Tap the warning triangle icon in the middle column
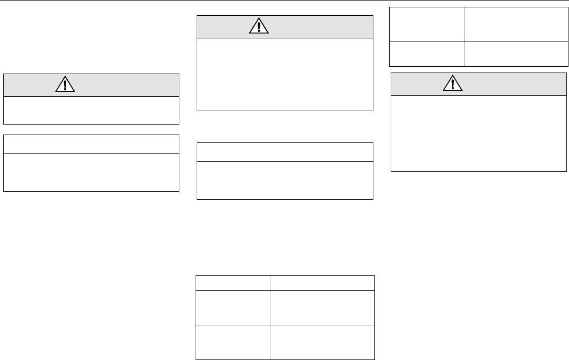click(258, 27)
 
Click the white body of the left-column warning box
click(92, 110)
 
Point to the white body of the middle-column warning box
click(284, 74)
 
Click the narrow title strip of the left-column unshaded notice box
click(92, 144)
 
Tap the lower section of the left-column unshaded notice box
click(92, 172)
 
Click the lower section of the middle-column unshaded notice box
click(284, 179)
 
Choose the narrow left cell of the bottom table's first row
click(232, 282)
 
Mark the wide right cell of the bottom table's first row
click(322, 282)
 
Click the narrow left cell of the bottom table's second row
click(232, 307)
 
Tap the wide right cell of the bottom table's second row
click(322, 307)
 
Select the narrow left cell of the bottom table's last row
click(232, 342)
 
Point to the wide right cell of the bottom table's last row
click(322, 342)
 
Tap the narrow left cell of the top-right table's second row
click(426, 54)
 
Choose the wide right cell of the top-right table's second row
click(516, 54)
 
